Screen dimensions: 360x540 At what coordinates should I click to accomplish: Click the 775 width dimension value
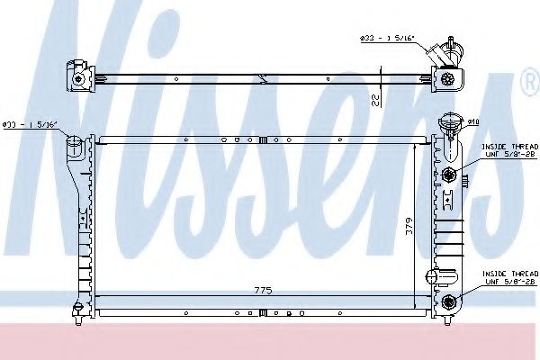(x=263, y=290)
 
